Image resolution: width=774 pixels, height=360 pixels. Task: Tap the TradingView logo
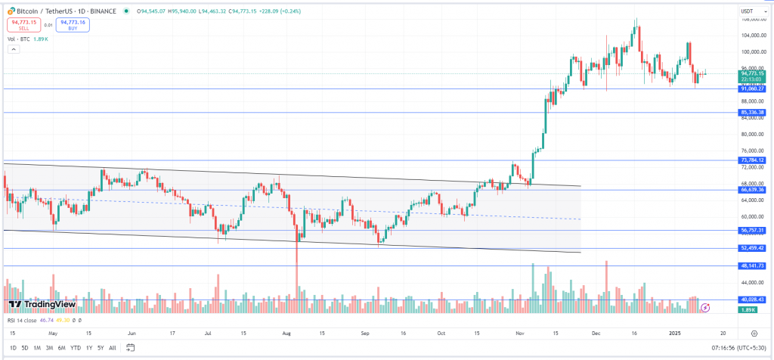42,304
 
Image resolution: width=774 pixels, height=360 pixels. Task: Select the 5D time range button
25,348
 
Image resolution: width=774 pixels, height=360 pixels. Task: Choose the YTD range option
76,348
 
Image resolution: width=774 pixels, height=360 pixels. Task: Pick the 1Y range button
88,348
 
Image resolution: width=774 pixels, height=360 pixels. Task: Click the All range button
113,348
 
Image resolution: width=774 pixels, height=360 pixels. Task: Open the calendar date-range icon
130,348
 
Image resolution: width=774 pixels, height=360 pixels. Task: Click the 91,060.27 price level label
752,88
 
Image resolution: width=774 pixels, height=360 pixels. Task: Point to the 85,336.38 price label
752,113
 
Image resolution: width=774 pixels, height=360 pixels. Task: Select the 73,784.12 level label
752,160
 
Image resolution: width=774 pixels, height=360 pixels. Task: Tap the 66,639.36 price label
752,190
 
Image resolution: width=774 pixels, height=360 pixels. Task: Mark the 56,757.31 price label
752,230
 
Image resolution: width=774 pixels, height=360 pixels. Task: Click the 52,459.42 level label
752,247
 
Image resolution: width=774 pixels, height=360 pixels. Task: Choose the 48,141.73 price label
752,265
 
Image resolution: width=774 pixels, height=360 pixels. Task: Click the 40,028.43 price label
752,299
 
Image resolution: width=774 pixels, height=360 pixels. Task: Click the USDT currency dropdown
748,11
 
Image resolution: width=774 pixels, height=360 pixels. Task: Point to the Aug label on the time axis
287,333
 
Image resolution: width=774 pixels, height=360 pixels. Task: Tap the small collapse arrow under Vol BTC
12,48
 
